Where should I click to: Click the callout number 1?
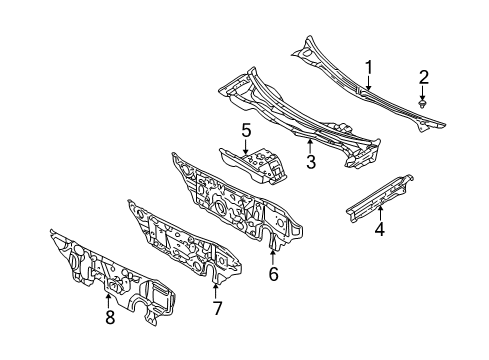368,67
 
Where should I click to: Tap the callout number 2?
424,77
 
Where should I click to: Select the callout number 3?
311,160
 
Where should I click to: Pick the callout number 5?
245,129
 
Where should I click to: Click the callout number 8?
109,317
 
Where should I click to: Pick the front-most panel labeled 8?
110,280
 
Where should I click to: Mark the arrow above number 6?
273,253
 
